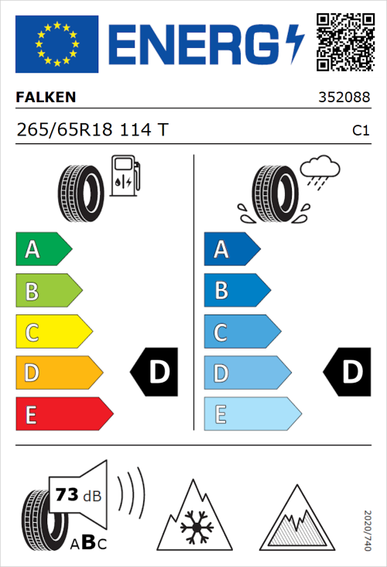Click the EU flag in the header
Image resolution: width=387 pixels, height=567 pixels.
(57, 44)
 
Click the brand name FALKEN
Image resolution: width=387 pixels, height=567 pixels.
(46, 98)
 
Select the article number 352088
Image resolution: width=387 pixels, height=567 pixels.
(343, 98)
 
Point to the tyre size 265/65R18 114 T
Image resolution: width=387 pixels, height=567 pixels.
(91, 131)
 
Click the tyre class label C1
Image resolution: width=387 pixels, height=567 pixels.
(360, 132)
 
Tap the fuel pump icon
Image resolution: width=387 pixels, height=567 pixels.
(125, 176)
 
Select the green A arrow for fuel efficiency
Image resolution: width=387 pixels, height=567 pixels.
(43, 249)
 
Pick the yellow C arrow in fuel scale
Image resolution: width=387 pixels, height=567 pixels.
(53, 332)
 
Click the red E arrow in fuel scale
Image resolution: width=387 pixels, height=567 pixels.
(63, 414)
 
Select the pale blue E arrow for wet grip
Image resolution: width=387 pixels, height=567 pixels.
(252, 414)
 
